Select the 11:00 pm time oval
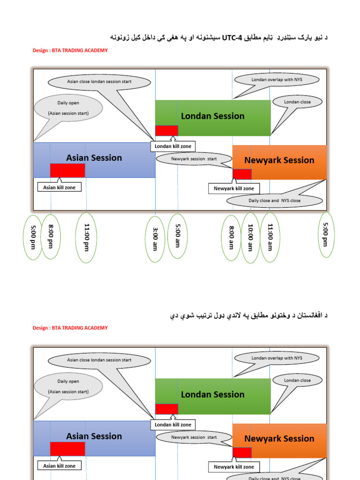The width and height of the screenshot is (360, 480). [86, 238]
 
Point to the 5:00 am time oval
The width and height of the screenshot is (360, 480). [178, 236]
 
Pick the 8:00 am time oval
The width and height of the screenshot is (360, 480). [231, 238]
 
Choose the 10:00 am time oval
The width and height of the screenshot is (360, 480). [250, 238]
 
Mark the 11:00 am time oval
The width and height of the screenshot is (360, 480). [270, 238]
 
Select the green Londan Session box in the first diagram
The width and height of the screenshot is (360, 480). [213, 116]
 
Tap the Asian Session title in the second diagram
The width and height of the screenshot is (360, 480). [94, 436]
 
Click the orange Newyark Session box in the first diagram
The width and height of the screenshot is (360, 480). [279, 161]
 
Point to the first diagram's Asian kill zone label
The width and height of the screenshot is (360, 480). [59, 187]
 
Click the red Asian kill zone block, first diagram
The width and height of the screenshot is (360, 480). [67, 170]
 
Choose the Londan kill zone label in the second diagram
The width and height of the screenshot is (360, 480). [173, 425]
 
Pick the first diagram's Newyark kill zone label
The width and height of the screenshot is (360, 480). [234, 188]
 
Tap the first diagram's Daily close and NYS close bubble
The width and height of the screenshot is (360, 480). [275, 201]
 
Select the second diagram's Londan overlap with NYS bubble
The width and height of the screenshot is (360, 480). [277, 358]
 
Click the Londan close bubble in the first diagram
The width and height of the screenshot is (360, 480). [297, 102]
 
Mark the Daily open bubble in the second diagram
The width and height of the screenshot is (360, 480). [68, 386]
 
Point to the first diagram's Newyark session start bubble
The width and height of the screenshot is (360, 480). [194, 159]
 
